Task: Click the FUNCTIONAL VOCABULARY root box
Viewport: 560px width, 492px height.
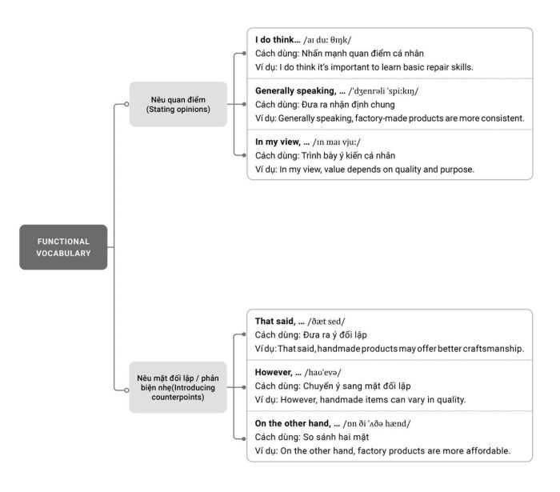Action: [x=63, y=247]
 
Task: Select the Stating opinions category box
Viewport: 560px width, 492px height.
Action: [x=178, y=104]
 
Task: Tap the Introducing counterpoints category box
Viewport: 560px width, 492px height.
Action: [x=178, y=387]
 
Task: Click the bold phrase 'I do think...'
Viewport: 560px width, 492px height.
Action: [x=278, y=40]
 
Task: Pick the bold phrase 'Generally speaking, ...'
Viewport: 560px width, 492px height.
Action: [x=300, y=91]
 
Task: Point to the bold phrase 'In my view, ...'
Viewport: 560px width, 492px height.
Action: [x=282, y=142]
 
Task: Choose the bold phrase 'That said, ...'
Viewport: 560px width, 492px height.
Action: [x=280, y=322]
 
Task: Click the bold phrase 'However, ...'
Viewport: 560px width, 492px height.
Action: [x=278, y=372]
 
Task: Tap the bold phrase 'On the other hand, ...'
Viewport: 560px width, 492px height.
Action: [x=297, y=423]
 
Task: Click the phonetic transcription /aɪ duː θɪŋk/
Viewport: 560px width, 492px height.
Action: [x=327, y=40]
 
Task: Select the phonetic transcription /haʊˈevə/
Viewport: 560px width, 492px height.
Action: [x=323, y=373]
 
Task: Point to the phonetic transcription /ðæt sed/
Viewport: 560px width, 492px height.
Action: [x=326, y=322]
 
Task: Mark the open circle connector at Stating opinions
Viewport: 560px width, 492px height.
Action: [x=126, y=104]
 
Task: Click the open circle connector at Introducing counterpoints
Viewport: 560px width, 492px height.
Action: [x=126, y=390]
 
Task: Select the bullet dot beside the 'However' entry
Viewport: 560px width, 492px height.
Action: [x=244, y=387]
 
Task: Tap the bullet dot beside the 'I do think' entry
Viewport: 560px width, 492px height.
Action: [x=244, y=54]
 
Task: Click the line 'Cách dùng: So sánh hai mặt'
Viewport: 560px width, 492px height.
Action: [x=312, y=438]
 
